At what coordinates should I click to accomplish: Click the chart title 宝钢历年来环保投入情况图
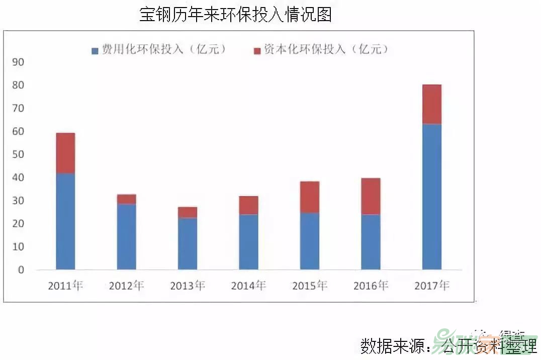pyautogui.click(x=235, y=15)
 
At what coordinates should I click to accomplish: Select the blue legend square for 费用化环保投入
pyautogui.click(x=95, y=50)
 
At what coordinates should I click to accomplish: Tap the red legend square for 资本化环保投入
pyautogui.click(x=257, y=50)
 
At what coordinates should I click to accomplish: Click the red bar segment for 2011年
pyautogui.click(x=65, y=153)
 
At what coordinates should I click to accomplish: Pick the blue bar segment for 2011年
pyautogui.click(x=65, y=221)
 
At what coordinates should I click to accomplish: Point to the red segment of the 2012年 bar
pyautogui.click(x=126, y=199)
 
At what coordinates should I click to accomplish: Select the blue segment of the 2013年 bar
pyautogui.click(x=187, y=243)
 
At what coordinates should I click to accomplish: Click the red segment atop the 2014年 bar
pyautogui.click(x=248, y=205)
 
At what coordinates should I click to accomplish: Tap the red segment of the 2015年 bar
pyautogui.click(x=309, y=197)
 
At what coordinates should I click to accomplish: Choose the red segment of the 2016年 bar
pyautogui.click(x=371, y=196)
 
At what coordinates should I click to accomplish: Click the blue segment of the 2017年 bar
pyautogui.click(x=431, y=196)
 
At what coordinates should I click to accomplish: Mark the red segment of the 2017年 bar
pyautogui.click(x=431, y=104)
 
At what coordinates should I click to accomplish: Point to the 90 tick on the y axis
pyautogui.click(x=18, y=62)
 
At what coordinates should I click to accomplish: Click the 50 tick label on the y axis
pyautogui.click(x=18, y=154)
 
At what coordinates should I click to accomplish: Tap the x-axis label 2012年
pyautogui.click(x=126, y=286)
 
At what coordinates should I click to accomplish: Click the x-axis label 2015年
pyautogui.click(x=309, y=286)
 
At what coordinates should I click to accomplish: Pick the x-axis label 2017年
pyautogui.click(x=431, y=286)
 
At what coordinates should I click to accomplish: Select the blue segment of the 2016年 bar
pyautogui.click(x=371, y=241)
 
